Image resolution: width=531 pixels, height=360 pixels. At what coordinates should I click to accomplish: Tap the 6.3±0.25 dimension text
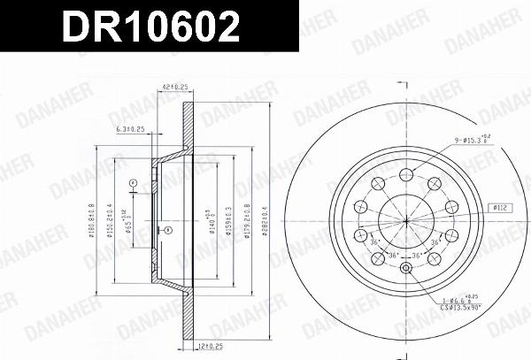click(x=130, y=130)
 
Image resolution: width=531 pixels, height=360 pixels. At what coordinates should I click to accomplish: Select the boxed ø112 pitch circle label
click(x=501, y=208)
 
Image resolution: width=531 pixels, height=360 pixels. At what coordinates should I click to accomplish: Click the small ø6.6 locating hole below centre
click(x=405, y=270)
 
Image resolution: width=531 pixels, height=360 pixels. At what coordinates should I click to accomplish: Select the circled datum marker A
click(x=132, y=184)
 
